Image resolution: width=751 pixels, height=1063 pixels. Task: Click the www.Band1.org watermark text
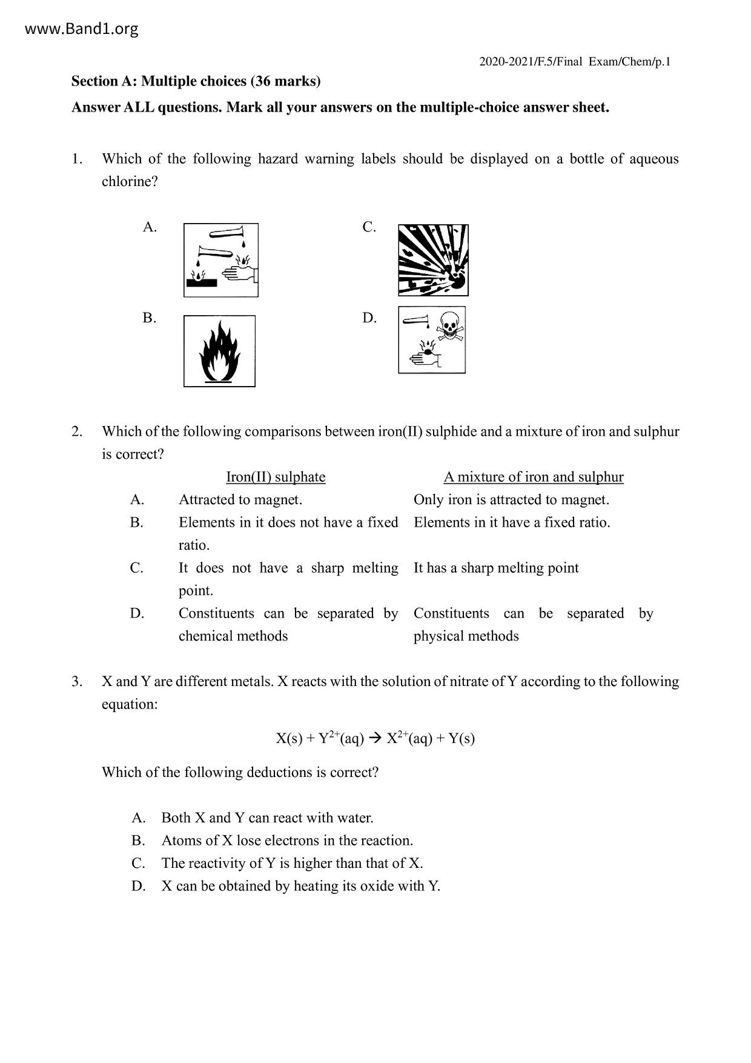coord(82,29)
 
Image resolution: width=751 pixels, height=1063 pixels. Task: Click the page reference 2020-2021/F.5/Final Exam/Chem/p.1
coord(575,62)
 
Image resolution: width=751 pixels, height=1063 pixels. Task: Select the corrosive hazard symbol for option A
coord(221,260)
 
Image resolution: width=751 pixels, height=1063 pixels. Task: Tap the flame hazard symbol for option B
coord(219,351)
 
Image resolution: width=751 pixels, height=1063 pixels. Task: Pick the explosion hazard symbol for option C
coord(433,260)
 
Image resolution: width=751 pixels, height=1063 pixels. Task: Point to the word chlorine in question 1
coord(129,182)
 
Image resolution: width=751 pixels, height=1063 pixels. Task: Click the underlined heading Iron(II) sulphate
coord(276,477)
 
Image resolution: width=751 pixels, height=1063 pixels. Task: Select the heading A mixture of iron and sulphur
coord(533,477)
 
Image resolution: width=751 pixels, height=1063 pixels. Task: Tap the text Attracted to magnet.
coord(240,500)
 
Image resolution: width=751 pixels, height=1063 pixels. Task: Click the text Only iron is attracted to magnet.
coord(511,500)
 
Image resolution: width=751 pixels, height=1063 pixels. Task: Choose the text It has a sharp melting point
coord(496,568)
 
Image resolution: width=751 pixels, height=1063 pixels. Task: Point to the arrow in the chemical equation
coord(375,738)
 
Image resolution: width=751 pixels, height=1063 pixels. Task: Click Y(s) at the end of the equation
coord(462,738)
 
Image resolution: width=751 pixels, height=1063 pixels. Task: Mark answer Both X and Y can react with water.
coord(267,818)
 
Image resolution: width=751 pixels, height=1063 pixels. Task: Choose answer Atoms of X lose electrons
coord(287,841)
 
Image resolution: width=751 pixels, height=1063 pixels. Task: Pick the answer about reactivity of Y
coord(292,864)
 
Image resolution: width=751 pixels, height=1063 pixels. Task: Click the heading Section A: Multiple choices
coord(196,81)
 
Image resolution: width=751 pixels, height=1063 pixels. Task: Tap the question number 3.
coord(77,682)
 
